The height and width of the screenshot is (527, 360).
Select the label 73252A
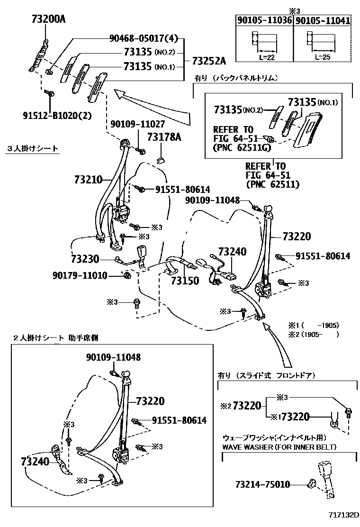209,61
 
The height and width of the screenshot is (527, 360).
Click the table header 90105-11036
264,20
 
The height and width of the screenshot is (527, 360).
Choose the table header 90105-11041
323,20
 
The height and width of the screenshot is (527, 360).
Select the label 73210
88,180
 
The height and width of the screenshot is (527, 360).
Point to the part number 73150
184,280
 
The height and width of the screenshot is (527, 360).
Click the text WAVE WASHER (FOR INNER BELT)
279,447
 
